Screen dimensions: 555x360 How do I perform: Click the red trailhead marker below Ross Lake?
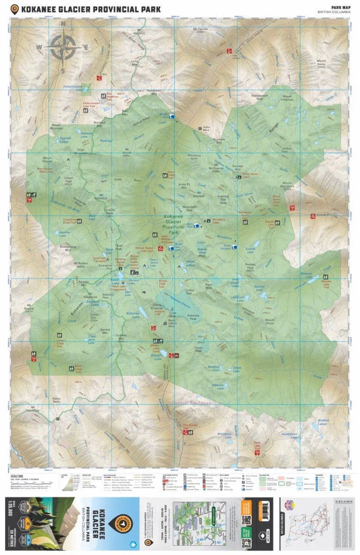(x=257, y=452)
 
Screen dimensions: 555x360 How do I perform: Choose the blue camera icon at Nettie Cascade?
(x=235, y=247)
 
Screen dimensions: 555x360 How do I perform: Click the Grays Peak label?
(x=199, y=350)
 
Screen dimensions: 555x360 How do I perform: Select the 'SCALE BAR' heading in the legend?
(x=16, y=475)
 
